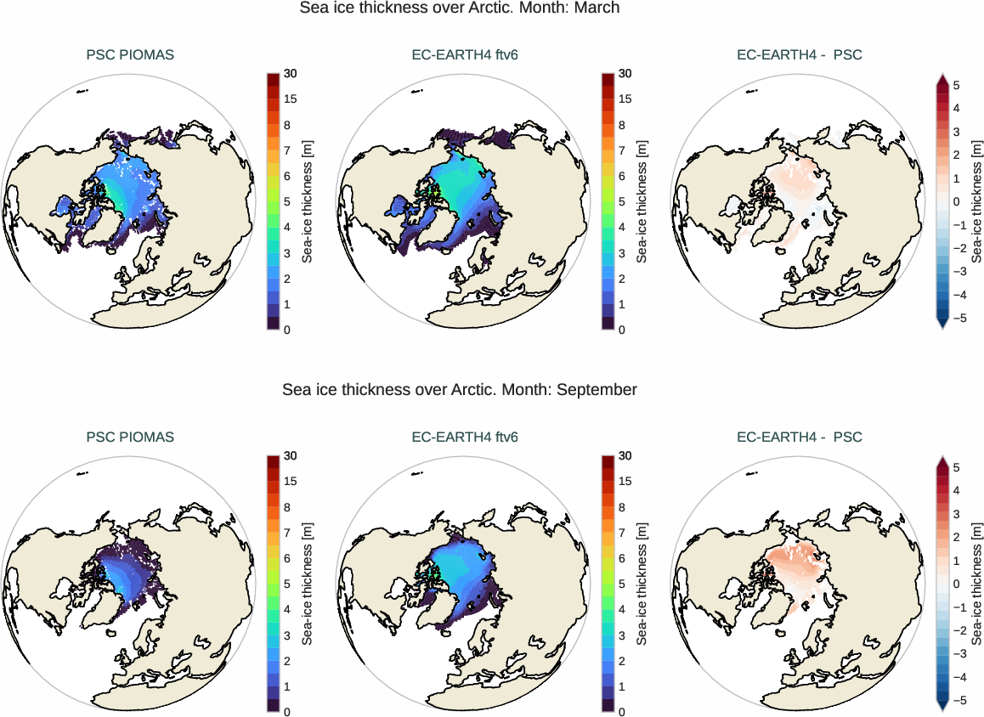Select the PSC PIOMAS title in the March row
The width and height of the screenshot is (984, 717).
click(x=130, y=55)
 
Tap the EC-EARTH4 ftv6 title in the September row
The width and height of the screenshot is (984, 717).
click(x=465, y=438)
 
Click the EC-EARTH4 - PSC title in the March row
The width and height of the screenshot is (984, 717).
click(x=799, y=55)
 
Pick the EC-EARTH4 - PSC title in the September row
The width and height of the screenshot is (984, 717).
click(x=799, y=438)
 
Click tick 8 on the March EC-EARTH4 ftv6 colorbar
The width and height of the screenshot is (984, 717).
click(x=625, y=125)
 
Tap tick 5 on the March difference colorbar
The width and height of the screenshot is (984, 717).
click(x=956, y=86)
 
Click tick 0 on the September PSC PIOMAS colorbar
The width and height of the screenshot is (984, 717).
click(x=287, y=712)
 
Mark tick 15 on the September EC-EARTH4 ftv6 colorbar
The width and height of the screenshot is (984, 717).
click(x=625, y=482)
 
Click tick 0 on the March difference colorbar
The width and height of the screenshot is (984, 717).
click(x=956, y=202)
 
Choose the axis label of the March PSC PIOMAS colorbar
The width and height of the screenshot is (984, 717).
click(x=308, y=201)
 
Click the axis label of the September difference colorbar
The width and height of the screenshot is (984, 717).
click(x=977, y=584)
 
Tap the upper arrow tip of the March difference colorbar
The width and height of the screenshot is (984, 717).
click(x=942, y=76)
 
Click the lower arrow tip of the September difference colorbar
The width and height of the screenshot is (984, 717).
click(x=942, y=709)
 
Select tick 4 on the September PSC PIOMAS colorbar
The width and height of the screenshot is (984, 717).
click(x=287, y=609)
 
